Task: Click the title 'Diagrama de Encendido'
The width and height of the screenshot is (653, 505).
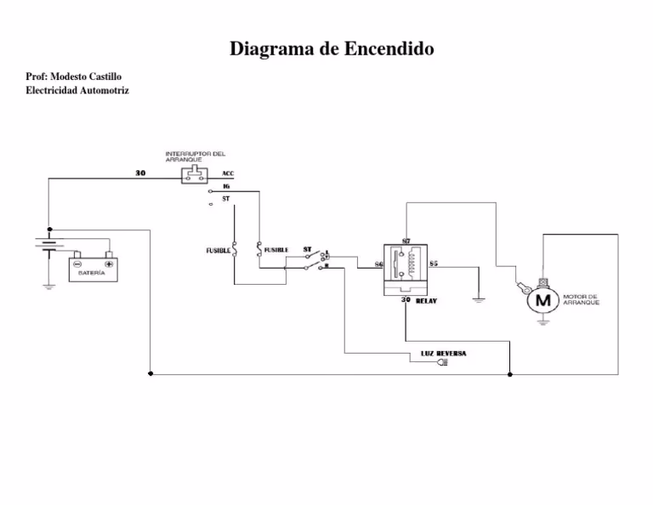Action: click(x=332, y=48)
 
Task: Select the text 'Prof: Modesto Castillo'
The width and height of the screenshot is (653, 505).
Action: click(x=74, y=77)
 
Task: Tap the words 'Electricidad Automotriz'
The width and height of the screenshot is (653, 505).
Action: click(x=77, y=90)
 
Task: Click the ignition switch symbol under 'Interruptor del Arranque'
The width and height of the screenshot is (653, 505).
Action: click(x=194, y=175)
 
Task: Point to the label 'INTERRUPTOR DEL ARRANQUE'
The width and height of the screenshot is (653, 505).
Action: click(x=195, y=156)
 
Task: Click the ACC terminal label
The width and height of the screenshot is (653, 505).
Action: click(x=228, y=173)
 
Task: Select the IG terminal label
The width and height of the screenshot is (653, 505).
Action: click(x=226, y=186)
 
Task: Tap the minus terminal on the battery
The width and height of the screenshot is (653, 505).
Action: click(x=77, y=264)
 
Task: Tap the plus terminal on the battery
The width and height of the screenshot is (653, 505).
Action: click(x=109, y=264)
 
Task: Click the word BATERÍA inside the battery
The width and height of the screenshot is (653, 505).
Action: click(x=92, y=274)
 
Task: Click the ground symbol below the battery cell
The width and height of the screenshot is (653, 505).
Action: click(x=49, y=287)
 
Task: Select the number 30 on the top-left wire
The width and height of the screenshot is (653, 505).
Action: click(x=140, y=173)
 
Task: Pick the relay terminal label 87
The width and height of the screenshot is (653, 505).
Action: click(x=406, y=241)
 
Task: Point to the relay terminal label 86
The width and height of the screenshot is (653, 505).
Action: click(x=378, y=265)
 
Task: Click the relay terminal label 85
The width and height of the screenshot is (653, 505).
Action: click(x=433, y=264)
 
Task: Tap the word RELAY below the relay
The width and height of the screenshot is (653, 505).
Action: click(x=426, y=301)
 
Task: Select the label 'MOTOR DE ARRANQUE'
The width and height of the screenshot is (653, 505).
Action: click(x=582, y=300)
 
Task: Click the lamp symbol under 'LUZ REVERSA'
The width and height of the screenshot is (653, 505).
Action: click(x=441, y=363)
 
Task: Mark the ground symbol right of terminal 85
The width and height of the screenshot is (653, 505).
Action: click(x=479, y=299)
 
